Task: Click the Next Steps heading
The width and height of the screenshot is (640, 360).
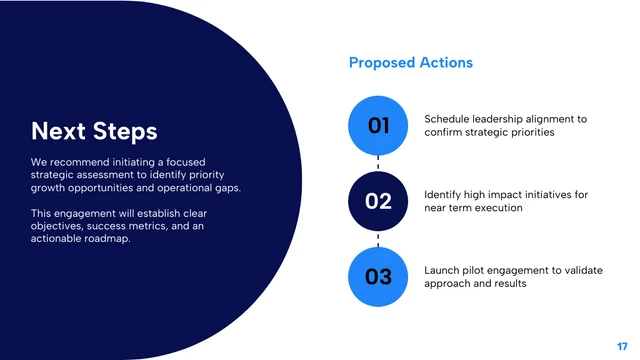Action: point(94,131)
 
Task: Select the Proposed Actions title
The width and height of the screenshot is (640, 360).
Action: point(411,63)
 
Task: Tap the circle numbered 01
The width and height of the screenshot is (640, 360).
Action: point(378,126)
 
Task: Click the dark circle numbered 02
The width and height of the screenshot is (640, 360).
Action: point(378,201)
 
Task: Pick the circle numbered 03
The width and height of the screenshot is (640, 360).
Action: point(378,276)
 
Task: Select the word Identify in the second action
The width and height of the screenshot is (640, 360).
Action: point(446,194)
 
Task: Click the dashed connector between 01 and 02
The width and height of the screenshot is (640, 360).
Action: point(378,163)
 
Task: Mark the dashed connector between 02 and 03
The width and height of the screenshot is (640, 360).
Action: point(378,239)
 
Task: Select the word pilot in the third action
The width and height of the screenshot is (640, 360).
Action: point(483,270)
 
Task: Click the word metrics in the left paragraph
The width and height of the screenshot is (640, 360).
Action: point(173,225)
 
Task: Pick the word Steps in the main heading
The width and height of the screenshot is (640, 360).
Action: point(125,131)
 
